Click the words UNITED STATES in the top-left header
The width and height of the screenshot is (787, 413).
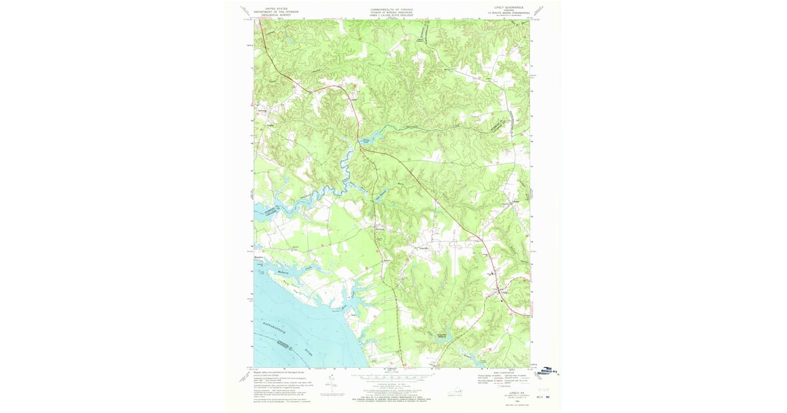coord(275,9)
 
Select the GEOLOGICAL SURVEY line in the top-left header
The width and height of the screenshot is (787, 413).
coord(275,15)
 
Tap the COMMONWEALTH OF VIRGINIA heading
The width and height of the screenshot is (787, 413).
coord(392,9)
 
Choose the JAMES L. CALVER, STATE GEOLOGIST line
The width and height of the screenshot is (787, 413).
coord(392,15)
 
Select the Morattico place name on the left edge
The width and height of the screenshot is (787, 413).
coord(258,258)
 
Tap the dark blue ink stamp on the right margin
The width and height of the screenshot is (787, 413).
coord(547,371)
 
